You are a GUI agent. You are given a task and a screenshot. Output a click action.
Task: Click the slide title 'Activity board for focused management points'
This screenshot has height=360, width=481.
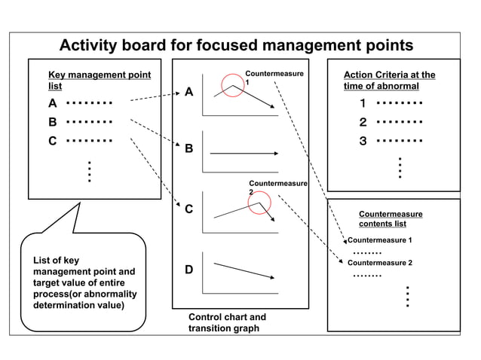click(236, 45)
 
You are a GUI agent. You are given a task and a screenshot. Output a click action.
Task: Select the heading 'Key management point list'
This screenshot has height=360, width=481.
click(99, 81)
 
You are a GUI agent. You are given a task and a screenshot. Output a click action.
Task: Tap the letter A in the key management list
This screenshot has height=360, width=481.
click(53, 103)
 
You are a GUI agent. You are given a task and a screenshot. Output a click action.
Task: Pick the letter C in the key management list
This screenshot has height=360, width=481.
click(53, 140)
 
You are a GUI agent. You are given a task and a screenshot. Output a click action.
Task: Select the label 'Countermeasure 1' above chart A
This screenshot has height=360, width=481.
click(274, 78)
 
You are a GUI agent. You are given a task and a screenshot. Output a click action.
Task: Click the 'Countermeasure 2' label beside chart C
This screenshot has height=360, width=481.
click(277, 187)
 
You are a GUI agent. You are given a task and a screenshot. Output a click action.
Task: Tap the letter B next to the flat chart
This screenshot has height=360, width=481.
click(189, 149)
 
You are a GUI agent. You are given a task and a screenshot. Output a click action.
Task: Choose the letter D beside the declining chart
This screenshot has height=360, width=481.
click(189, 270)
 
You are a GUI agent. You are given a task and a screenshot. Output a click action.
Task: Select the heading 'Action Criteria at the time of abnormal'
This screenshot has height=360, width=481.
click(389, 81)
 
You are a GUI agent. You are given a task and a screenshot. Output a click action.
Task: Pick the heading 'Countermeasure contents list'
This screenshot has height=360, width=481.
click(390, 218)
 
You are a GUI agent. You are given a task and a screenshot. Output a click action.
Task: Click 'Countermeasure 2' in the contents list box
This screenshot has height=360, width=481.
click(380, 263)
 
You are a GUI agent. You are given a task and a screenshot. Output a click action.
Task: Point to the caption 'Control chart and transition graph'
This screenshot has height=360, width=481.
click(226, 323)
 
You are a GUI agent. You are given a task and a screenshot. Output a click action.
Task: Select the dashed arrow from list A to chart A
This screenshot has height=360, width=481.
click(155, 97)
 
